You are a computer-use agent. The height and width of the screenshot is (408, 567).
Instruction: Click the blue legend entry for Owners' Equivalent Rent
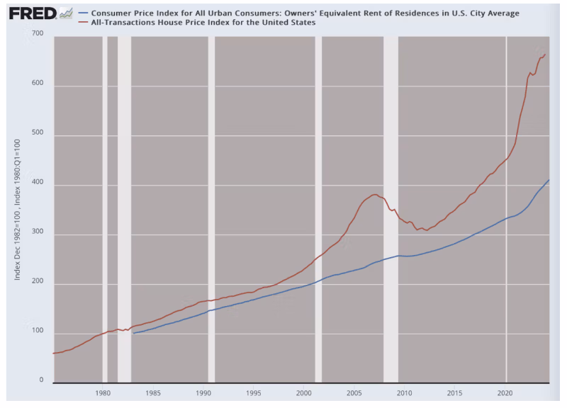(x=304, y=13)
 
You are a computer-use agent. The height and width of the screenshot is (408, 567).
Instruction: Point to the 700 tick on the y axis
(x=38, y=35)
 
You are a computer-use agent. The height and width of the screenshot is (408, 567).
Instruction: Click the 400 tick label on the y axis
(x=38, y=184)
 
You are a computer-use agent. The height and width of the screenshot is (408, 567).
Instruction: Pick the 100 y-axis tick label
(x=38, y=331)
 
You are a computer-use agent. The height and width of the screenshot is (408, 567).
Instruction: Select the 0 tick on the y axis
(x=41, y=381)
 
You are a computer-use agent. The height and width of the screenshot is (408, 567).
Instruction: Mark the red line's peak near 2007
(x=374, y=194)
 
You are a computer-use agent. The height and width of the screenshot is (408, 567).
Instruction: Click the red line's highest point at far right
(x=544, y=53)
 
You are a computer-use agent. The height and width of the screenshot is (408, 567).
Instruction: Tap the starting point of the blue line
(x=133, y=333)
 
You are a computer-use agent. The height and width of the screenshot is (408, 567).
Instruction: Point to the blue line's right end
(x=549, y=180)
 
